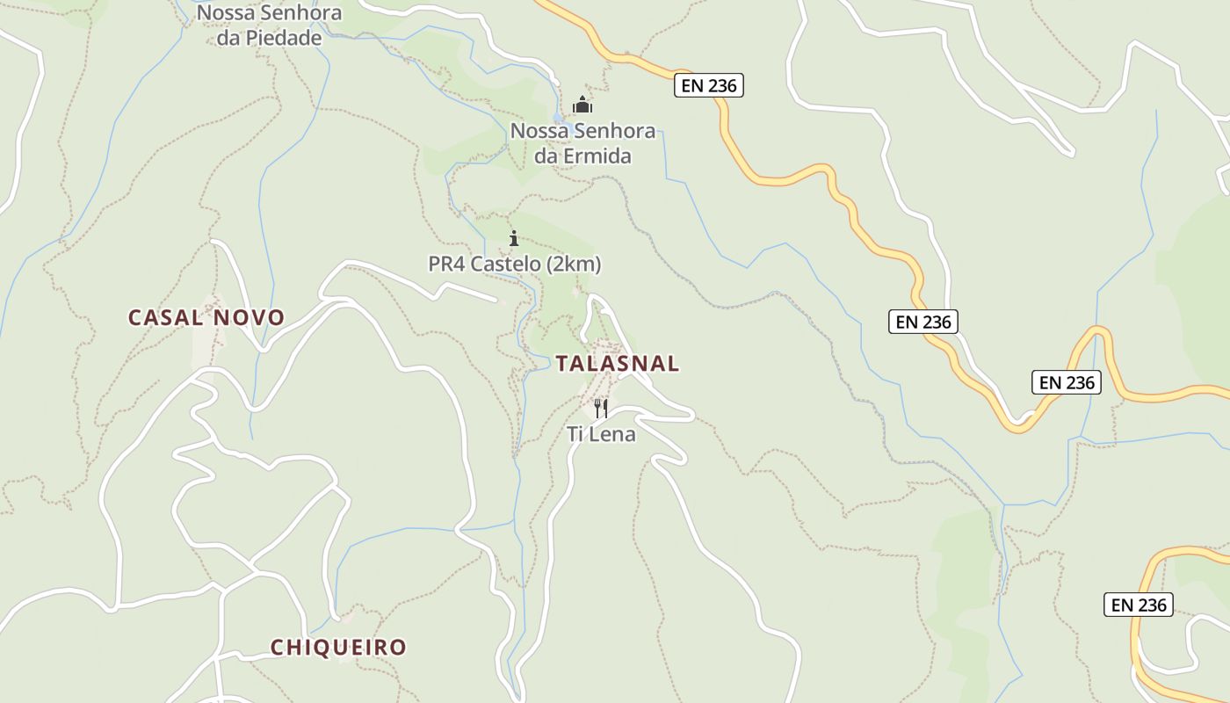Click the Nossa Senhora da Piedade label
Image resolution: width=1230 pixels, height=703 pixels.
pyautogui.click(x=269, y=25)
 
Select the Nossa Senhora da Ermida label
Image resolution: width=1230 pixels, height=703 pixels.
pyautogui.click(x=582, y=143)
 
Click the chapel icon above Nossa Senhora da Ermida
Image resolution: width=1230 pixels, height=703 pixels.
pyautogui.click(x=582, y=105)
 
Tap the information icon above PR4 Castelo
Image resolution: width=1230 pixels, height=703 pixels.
pyautogui.click(x=514, y=238)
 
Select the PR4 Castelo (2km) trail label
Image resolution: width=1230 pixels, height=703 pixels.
pyautogui.click(x=515, y=264)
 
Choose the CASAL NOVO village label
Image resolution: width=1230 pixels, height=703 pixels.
pyautogui.click(x=206, y=317)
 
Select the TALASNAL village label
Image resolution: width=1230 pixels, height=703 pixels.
pyautogui.click(x=618, y=363)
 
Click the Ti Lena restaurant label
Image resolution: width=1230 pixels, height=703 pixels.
pyautogui.click(x=601, y=433)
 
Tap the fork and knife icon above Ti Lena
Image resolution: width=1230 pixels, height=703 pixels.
pyautogui.click(x=601, y=408)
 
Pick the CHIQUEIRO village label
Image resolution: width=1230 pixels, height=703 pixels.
pyautogui.click(x=338, y=648)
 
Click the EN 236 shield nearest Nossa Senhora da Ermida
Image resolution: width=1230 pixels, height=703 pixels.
pyautogui.click(x=709, y=85)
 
